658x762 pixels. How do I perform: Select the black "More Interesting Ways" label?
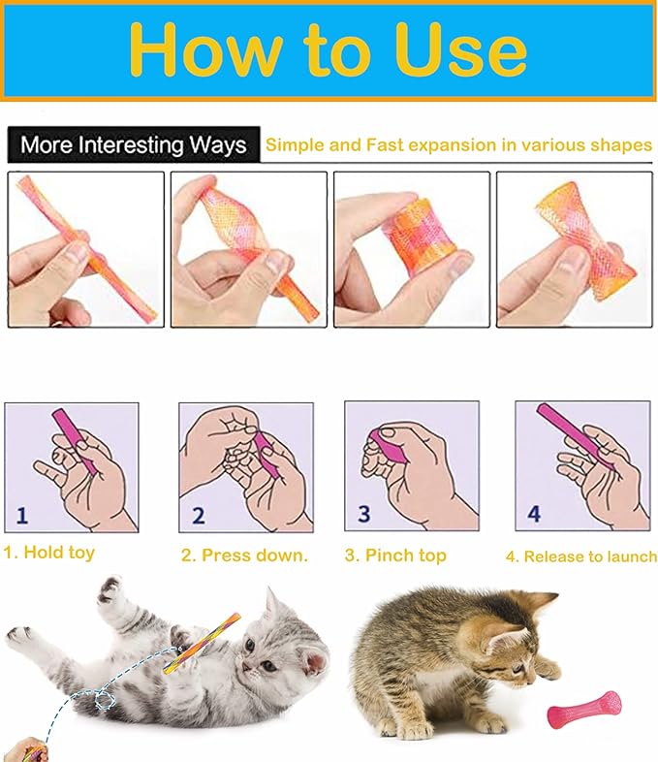tap(134, 145)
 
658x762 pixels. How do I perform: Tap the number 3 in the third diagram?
tap(364, 514)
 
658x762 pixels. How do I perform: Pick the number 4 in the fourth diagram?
tap(533, 514)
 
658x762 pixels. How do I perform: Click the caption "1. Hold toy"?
tap(49, 553)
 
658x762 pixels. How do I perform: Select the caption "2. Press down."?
tap(244, 556)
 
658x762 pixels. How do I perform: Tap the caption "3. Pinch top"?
tap(395, 556)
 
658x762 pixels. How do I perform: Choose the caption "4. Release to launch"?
tap(580, 556)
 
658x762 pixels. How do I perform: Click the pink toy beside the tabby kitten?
tap(584, 708)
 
